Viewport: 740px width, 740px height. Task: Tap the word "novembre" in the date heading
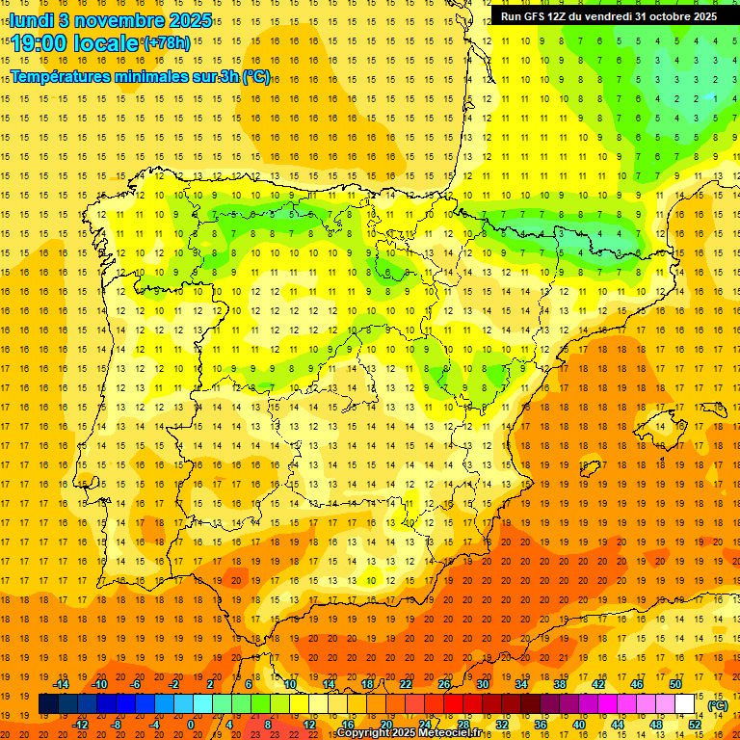pos(119,18)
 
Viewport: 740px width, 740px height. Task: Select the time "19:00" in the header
pos(43,43)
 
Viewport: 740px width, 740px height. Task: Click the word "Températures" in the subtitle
pos(59,76)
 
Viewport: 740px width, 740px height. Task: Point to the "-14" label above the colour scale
pos(61,684)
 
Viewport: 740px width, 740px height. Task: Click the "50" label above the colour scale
pos(674,684)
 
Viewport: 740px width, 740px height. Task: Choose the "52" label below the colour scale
pos(694,725)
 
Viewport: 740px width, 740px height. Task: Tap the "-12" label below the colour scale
pos(80,725)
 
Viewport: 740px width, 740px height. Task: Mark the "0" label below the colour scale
pos(191,725)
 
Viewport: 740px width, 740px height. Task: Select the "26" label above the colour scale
pos(443,684)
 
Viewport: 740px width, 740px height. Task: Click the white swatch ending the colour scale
pos(684,704)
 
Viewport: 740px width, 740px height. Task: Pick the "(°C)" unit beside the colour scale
pos(717,705)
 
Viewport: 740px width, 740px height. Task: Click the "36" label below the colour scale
pos(540,725)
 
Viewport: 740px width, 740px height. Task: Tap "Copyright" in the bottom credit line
pos(361,733)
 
